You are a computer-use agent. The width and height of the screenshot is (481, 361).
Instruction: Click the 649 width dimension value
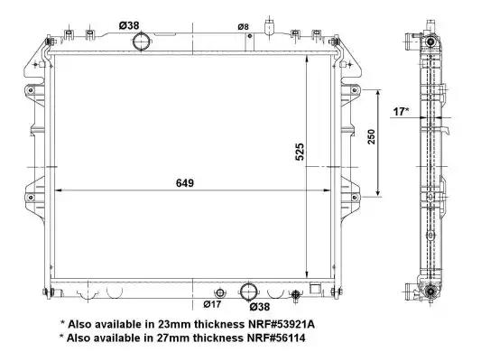(185, 183)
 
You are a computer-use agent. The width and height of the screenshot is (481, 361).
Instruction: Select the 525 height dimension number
(300, 152)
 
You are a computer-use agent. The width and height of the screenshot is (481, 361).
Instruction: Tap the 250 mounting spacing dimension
(371, 137)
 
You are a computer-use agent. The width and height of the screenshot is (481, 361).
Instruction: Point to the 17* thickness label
(401, 112)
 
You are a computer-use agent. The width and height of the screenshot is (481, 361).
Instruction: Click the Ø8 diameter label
(243, 27)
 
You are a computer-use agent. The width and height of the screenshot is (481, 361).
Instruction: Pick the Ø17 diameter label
(212, 304)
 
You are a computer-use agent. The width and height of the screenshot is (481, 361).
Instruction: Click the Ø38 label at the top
(129, 25)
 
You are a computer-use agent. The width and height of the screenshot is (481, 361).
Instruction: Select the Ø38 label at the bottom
(260, 307)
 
